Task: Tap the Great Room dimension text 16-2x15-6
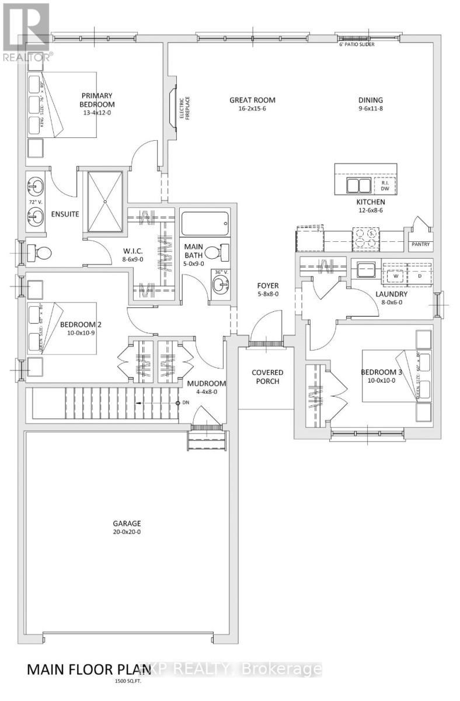(x=252, y=109)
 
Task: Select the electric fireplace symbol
(x=173, y=108)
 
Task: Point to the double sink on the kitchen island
(x=358, y=186)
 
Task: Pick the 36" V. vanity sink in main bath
(x=219, y=285)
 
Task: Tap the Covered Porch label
(x=267, y=377)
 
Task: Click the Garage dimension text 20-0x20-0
(x=127, y=532)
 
